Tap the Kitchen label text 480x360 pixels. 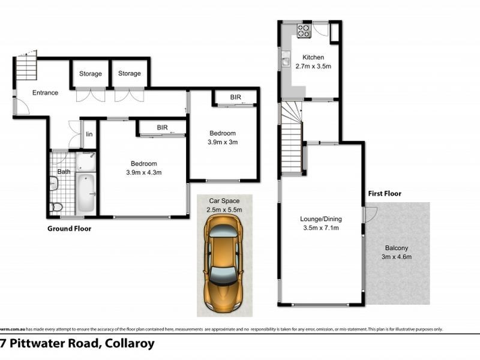pyautogui.click(x=313, y=58)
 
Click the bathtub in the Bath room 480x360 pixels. pyautogui.click(x=86, y=193)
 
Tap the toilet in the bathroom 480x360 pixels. pyautogui.click(x=56, y=207)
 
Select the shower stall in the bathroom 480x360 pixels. pyautogui.click(x=86, y=161)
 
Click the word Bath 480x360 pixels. pyautogui.click(x=64, y=172)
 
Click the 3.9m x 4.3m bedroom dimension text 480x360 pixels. pyautogui.click(x=143, y=172)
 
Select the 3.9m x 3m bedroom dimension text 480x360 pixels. pyautogui.click(x=223, y=142)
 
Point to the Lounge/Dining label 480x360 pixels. pyautogui.click(x=321, y=219)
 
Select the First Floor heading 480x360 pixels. pyautogui.click(x=385, y=193)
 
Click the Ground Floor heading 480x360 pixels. pyautogui.click(x=69, y=229)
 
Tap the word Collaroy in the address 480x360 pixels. pyautogui.click(x=130, y=344)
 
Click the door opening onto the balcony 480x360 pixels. pyautogui.click(x=370, y=213)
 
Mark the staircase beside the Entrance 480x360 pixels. pyautogui.click(x=26, y=67)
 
